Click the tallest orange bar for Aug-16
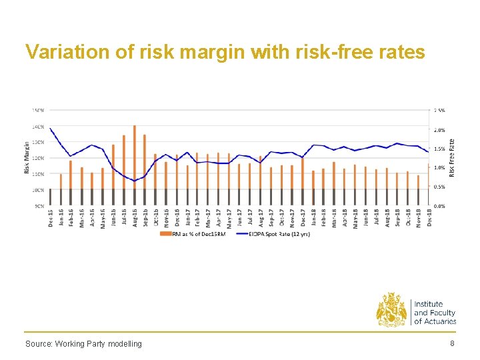(x=134, y=157)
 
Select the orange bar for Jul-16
(x=123, y=163)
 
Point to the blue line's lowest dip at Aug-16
(x=134, y=181)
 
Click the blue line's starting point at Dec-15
(x=50, y=128)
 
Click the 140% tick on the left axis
(x=38, y=126)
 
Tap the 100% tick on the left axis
(x=38, y=190)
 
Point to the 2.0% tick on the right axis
(x=440, y=130)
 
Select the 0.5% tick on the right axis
(x=440, y=187)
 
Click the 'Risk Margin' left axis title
(x=27, y=157)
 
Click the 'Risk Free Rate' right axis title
(x=451, y=157)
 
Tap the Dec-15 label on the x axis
(x=51, y=219)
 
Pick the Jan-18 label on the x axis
(x=313, y=219)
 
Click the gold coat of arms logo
(x=392, y=309)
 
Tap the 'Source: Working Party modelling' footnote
(x=83, y=344)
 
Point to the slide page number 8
(x=452, y=343)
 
